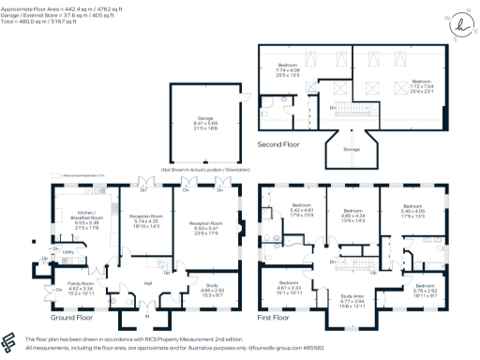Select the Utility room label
pos(68,253)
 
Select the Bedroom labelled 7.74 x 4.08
pos(287,67)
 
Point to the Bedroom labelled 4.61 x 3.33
pos(286,286)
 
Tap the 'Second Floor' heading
pos(279,143)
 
